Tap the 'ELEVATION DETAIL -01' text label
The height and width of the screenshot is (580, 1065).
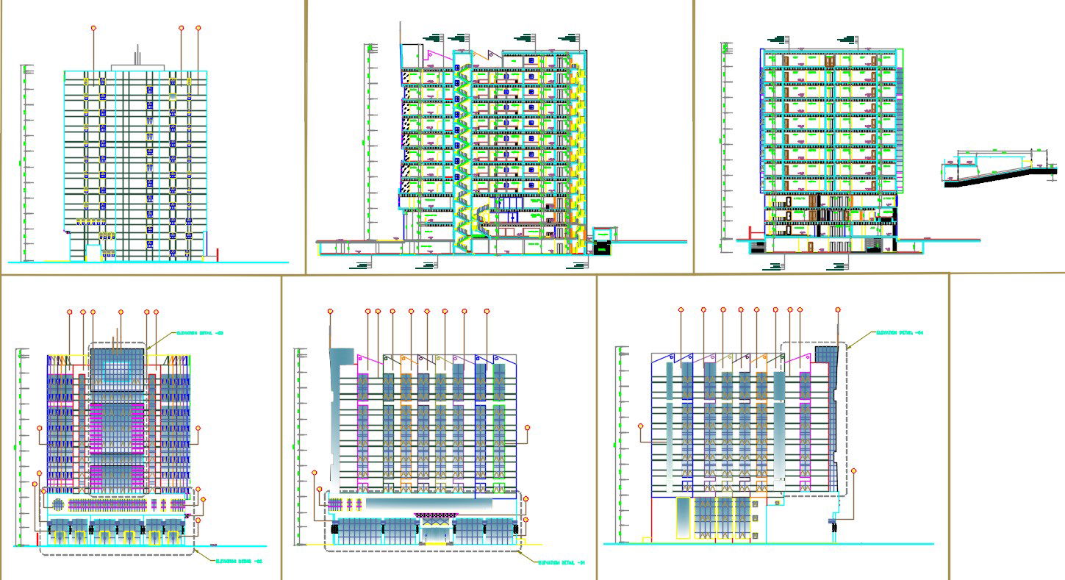(x=562, y=563)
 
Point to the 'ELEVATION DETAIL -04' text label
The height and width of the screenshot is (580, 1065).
(x=899, y=333)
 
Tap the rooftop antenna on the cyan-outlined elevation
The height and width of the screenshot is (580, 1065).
(x=137, y=55)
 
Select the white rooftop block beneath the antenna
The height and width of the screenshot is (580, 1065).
(x=137, y=67)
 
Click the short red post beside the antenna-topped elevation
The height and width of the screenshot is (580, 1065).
(x=218, y=255)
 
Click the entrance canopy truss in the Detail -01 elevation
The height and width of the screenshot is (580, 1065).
(x=431, y=516)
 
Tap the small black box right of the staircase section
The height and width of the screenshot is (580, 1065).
(x=603, y=249)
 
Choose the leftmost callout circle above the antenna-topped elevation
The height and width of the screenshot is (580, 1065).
(x=93, y=28)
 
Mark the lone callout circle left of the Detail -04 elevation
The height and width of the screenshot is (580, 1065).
(x=640, y=426)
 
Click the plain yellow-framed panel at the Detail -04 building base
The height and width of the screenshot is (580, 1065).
(x=683, y=518)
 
